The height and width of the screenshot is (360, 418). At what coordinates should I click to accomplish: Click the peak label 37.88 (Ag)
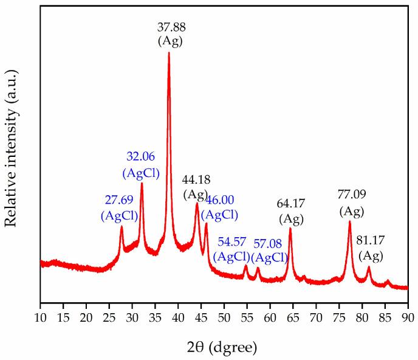(x=170, y=33)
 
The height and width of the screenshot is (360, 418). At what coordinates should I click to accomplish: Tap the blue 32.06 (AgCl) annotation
(x=141, y=165)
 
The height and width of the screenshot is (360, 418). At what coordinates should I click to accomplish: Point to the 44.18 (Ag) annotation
(x=196, y=187)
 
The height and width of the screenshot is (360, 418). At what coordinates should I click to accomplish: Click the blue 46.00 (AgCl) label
(x=219, y=207)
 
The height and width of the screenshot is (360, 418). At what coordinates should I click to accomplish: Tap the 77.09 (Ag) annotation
(x=351, y=203)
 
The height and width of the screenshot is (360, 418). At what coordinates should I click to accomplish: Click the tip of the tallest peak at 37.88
(x=169, y=53)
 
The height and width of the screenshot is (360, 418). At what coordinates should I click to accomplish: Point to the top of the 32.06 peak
(x=142, y=183)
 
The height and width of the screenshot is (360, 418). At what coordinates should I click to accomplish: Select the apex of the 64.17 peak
(x=290, y=229)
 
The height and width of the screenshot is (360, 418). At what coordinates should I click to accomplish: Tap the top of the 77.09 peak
(x=350, y=221)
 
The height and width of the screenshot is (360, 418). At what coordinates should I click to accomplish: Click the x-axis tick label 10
(x=41, y=317)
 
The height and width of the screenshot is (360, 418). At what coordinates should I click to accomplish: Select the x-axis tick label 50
(x=224, y=317)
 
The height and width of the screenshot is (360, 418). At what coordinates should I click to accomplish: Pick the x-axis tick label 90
(x=408, y=317)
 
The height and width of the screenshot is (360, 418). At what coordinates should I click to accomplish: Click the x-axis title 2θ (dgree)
(x=224, y=347)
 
